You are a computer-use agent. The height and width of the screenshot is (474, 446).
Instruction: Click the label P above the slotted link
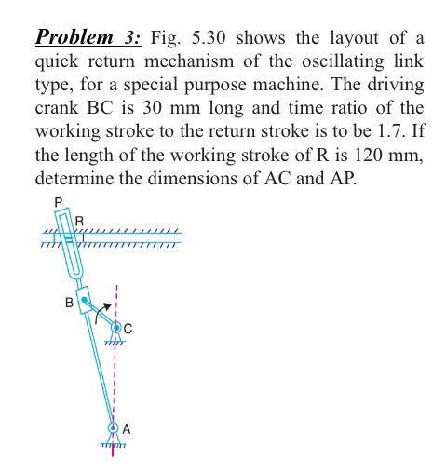[58, 200]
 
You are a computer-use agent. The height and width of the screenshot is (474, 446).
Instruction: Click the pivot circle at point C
[116, 329]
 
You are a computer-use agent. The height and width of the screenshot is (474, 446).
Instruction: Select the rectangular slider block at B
[86, 301]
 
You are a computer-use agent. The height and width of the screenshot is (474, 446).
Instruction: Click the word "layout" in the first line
[357, 38]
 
